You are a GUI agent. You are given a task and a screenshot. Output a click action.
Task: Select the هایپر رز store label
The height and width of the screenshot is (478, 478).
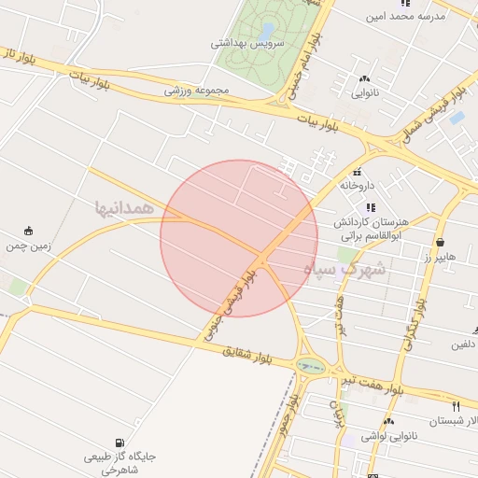click(x=438, y=256)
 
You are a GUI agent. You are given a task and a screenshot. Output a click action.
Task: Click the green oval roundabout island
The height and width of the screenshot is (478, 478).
click(x=307, y=365)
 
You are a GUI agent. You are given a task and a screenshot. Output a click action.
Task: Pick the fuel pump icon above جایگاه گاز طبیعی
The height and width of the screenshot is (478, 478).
click(x=119, y=443)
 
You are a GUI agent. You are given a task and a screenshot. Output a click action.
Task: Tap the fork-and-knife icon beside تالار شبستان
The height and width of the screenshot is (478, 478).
click(x=456, y=406)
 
